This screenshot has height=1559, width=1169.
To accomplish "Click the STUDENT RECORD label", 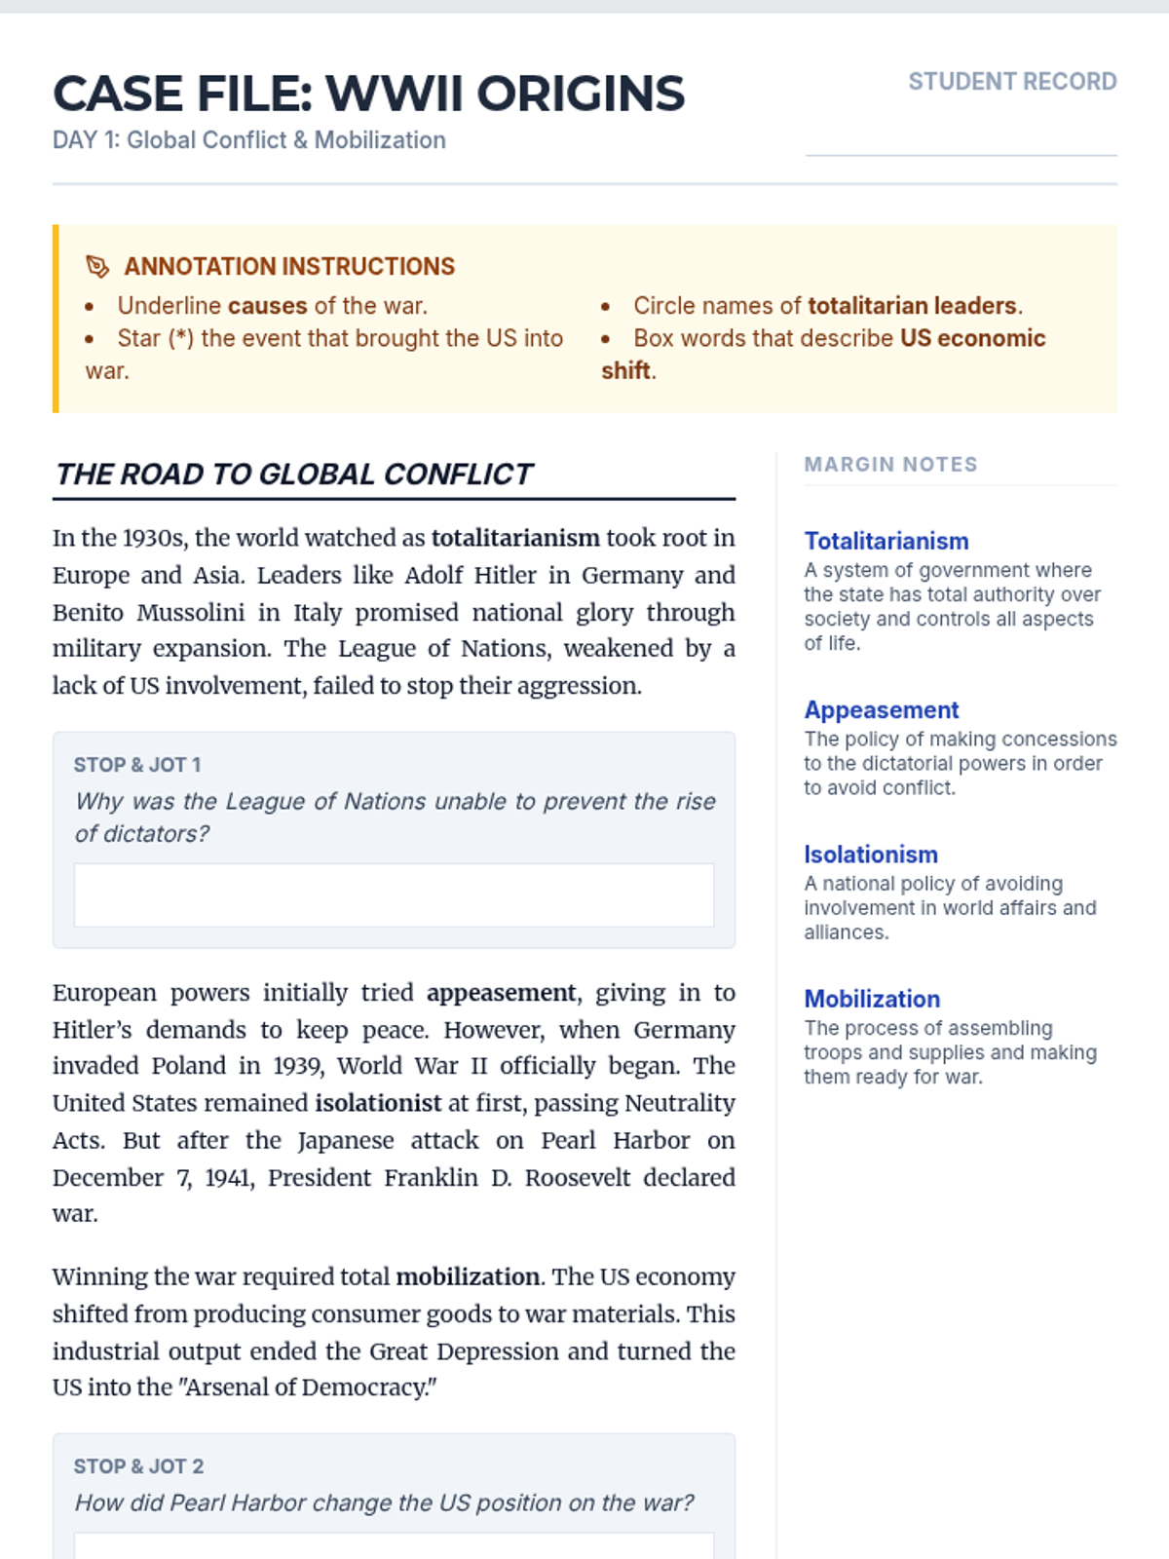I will [x=1012, y=82].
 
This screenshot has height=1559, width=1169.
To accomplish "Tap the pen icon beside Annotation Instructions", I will [x=97, y=266].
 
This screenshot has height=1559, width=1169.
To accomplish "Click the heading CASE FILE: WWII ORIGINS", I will [x=368, y=95].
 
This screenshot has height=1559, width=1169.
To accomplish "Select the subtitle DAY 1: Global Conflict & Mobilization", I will [x=249, y=140].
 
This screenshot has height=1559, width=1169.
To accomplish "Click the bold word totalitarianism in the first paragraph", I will [x=515, y=539].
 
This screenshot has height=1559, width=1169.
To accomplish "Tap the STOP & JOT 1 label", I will [x=137, y=765].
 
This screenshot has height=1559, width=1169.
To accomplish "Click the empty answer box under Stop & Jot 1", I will [x=394, y=894].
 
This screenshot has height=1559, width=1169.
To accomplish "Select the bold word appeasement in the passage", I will [x=501, y=993].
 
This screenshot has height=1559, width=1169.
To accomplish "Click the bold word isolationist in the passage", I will [x=378, y=1103].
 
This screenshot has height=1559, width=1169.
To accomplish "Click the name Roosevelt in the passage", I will [x=578, y=1178].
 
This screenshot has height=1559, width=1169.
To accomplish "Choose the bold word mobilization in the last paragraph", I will [x=468, y=1277].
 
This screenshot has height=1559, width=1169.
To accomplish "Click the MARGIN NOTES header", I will [x=890, y=465].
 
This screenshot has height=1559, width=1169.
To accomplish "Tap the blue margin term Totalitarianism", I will [x=886, y=541].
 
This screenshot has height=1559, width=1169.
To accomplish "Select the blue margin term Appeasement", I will [x=882, y=710].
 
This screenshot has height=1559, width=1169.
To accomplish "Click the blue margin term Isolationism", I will [x=871, y=855].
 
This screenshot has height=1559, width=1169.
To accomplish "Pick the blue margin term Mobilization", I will [x=872, y=999].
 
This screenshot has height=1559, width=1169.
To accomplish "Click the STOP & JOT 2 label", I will [x=138, y=1466].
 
